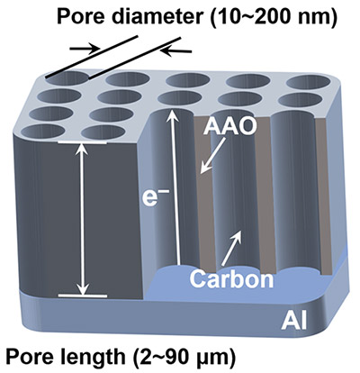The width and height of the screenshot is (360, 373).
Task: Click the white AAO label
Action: point(230,127)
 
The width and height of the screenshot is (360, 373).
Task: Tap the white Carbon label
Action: point(231,279)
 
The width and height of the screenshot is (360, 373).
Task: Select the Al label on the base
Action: point(293,323)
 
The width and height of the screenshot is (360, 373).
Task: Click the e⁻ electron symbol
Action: point(154,199)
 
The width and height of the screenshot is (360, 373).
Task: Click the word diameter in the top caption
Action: point(157,14)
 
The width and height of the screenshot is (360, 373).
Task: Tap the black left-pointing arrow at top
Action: point(176,51)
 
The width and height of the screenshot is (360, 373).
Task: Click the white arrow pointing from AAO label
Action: point(212,155)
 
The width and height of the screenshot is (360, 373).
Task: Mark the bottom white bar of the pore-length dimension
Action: point(83,296)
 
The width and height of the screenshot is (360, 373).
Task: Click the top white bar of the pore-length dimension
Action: point(82,142)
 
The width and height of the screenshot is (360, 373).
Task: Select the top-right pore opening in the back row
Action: point(309,80)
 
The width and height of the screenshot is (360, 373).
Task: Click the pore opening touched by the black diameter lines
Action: point(67,78)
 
